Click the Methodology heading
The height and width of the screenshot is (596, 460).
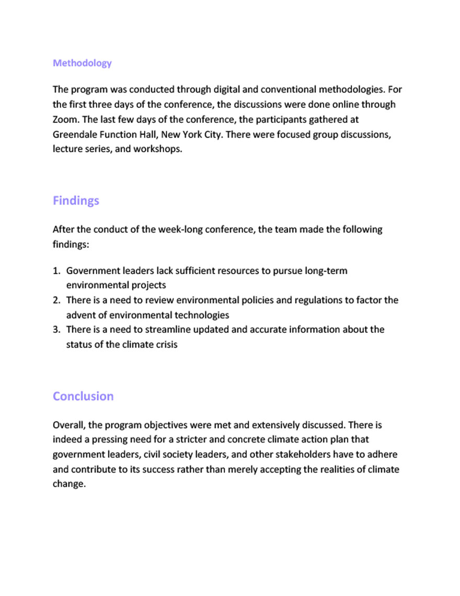[x=82, y=63]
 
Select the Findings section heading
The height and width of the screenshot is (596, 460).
[x=76, y=201]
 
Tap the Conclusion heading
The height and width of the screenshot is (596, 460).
[x=83, y=396]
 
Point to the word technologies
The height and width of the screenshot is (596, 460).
[x=203, y=315]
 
